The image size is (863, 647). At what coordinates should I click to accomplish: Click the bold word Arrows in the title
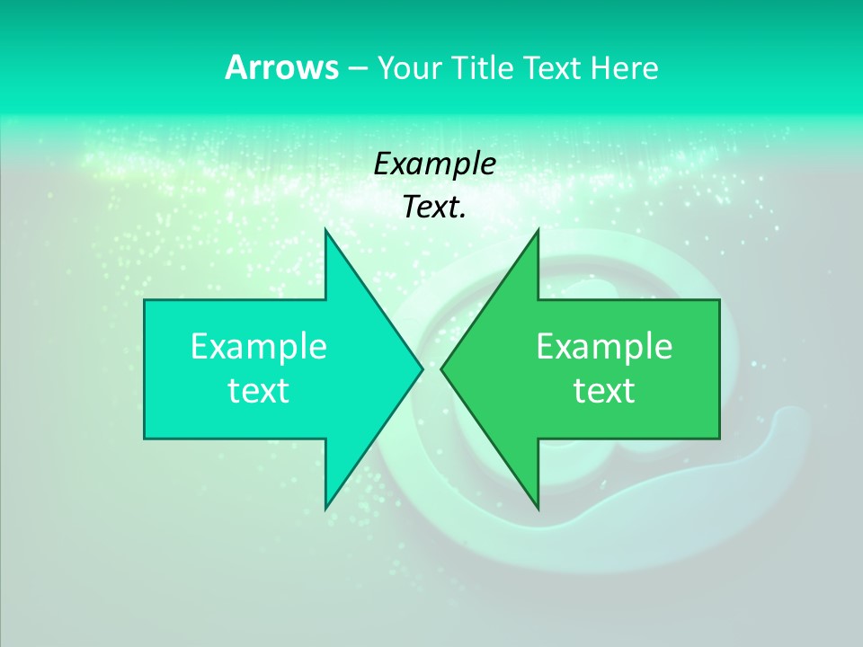tap(280, 67)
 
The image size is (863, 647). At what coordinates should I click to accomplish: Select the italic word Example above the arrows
tap(435, 164)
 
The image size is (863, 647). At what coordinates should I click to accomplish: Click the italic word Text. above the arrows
tap(435, 208)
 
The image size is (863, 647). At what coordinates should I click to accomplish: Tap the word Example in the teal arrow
tap(259, 347)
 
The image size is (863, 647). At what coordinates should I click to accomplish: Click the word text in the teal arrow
tap(259, 391)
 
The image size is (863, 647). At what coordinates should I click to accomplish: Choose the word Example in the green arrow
tap(604, 347)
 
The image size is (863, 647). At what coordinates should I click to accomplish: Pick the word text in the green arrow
tap(604, 391)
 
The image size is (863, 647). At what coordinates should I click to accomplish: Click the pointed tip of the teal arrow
tap(423, 368)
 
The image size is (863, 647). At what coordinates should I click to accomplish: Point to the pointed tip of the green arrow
tap(441, 368)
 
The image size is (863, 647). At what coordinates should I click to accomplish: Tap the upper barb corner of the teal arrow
tap(325, 229)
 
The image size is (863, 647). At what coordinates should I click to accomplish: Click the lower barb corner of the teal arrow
tap(325, 510)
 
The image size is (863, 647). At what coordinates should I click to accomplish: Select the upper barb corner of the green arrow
tap(538, 229)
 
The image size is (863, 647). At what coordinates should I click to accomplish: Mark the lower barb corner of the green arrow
tap(538, 510)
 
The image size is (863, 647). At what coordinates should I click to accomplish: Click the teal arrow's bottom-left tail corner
tap(145, 439)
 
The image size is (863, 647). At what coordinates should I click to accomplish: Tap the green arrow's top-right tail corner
tap(719, 300)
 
